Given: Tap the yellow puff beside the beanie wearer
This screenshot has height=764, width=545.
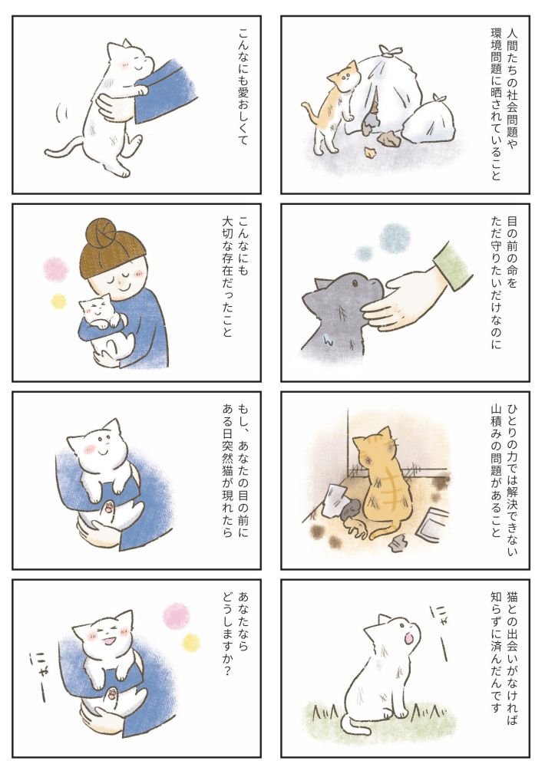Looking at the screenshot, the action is pyautogui.click(x=58, y=301).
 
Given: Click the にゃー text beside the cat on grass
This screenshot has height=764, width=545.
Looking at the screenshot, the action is pyautogui.click(x=439, y=632).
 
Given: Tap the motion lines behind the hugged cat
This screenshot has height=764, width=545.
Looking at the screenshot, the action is pyautogui.click(x=61, y=112).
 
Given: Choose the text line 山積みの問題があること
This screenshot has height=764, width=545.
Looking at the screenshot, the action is pyautogui.click(x=495, y=471).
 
